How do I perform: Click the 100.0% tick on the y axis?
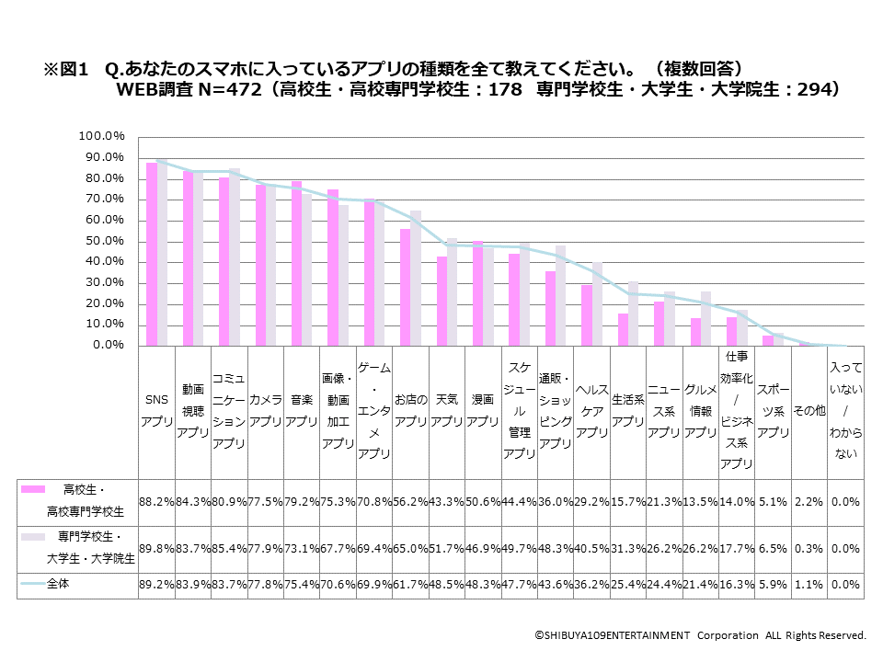[x=102, y=136]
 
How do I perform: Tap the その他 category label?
[x=809, y=411]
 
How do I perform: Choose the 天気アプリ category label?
[x=447, y=411]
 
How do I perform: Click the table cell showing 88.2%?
[x=155, y=502]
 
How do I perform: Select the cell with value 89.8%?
[x=155, y=550]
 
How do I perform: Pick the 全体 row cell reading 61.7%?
[x=410, y=586]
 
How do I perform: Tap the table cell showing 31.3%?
[x=628, y=550]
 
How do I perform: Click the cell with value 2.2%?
[x=809, y=502]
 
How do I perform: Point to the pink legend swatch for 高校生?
[x=35, y=489]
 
